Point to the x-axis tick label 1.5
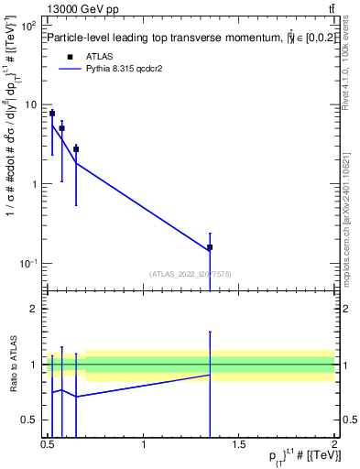239,444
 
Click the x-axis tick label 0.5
48,444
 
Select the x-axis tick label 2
334,444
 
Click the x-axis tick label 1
144,444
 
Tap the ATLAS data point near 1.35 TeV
210,247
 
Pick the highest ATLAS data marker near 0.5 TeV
52,114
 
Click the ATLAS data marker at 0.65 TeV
76,148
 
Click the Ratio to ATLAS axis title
13,365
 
